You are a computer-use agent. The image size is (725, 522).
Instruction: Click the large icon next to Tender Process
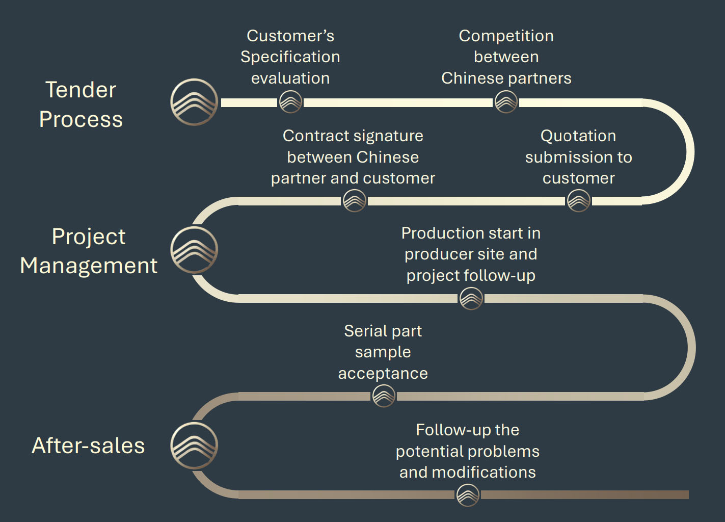[194, 102]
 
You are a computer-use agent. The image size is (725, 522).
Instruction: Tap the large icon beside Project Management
[194, 250]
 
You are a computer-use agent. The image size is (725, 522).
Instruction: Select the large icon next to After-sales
[194, 446]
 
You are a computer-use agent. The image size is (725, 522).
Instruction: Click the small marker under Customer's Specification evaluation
[290, 102]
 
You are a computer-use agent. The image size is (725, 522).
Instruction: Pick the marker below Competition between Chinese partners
[506, 102]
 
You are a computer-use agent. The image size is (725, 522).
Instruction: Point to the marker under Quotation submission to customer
[579, 200]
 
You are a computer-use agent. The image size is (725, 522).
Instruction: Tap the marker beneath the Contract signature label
[354, 200]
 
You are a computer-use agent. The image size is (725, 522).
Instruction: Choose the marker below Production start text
[471, 298]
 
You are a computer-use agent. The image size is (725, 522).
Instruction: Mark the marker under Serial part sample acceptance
[384, 396]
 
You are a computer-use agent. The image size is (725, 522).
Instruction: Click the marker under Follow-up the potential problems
[467, 494]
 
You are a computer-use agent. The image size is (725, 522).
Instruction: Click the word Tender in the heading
[80, 90]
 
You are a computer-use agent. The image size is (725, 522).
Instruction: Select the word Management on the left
[89, 266]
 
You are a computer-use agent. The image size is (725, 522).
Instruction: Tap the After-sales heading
[88, 446]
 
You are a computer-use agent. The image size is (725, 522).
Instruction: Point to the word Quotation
[578, 136]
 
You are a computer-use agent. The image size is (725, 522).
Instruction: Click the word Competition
[506, 36]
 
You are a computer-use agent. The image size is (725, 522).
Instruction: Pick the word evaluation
[290, 78]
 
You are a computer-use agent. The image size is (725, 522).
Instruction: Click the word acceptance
[383, 374]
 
